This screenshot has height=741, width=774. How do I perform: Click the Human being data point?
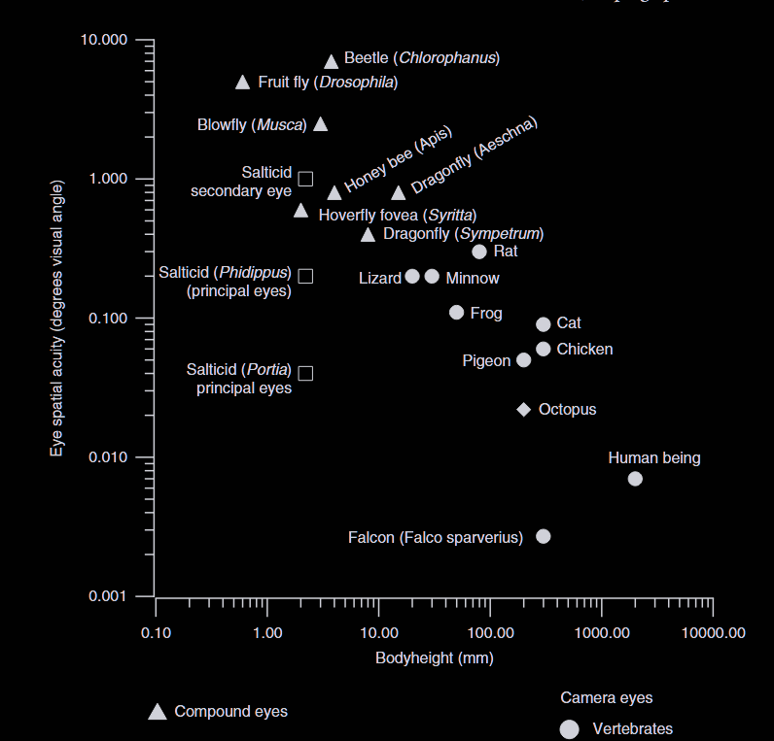635,479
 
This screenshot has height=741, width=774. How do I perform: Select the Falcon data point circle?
544,536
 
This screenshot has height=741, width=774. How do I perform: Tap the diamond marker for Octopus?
523,410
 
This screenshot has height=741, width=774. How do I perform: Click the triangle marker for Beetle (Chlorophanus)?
331,62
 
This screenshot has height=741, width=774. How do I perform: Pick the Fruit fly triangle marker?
243,83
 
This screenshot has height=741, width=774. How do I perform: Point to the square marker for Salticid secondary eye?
305,179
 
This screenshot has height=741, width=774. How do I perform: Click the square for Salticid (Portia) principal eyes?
305,373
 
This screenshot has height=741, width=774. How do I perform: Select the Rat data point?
479,252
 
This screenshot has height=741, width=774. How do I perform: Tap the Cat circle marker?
544,324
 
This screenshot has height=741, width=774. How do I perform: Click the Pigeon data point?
524,360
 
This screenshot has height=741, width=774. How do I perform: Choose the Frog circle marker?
457,313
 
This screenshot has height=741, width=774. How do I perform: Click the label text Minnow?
473,279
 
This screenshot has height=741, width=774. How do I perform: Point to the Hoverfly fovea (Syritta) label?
398,215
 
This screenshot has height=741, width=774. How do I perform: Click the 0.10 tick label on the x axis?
156,633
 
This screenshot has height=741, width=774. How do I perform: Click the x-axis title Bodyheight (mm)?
435,658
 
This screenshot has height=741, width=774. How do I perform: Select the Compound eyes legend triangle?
158,712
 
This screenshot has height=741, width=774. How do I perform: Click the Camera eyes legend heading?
607,697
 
